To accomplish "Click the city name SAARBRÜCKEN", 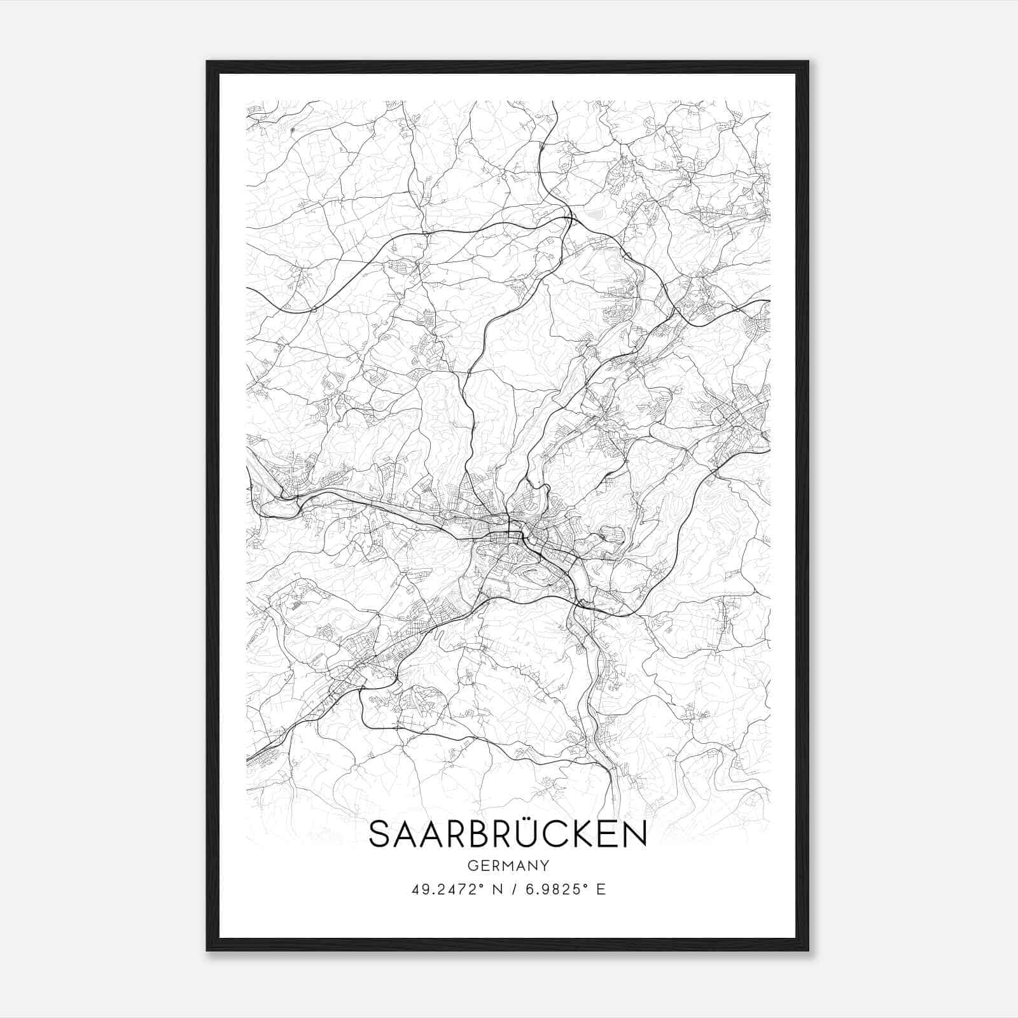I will pos(508,834).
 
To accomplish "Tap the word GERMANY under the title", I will pos(508,865).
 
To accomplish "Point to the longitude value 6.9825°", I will pos(555,889).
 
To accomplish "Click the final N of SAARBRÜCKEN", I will pos(636,835).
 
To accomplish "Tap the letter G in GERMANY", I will pos(471,865).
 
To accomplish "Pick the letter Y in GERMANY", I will pos(545,865).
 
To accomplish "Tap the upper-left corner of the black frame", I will pos(207,62).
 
